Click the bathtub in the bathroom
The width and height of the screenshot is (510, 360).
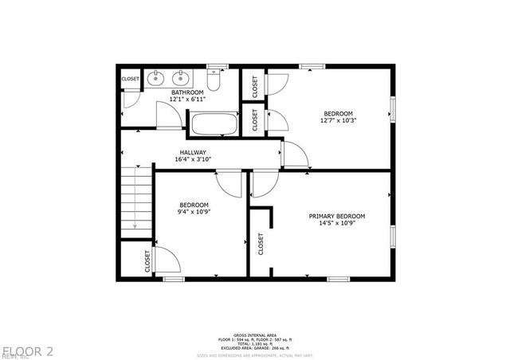click(x=213, y=124)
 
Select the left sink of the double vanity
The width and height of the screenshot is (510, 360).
click(x=156, y=78)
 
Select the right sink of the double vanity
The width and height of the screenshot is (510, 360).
click(x=182, y=78)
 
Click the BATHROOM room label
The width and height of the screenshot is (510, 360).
click(x=188, y=93)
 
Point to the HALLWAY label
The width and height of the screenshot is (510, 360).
click(x=193, y=152)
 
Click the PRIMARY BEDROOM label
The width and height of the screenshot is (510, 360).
click(x=337, y=217)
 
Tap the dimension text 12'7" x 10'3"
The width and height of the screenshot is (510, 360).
click(x=339, y=121)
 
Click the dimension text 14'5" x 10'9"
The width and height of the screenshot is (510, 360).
click(x=337, y=225)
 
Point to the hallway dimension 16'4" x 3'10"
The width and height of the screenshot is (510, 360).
click(x=193, y=159)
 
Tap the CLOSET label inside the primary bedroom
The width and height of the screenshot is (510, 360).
click(x=261, y=243)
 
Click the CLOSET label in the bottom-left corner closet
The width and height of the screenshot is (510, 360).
click(x=147, y=260)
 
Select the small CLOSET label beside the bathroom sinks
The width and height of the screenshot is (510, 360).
click(x=131, y=79)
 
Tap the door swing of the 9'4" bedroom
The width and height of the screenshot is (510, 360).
click(x=231, y=183)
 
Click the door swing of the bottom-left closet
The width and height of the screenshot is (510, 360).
click(x=165, y=259)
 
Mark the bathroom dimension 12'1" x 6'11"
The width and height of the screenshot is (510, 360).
click(x=188, y=100)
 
